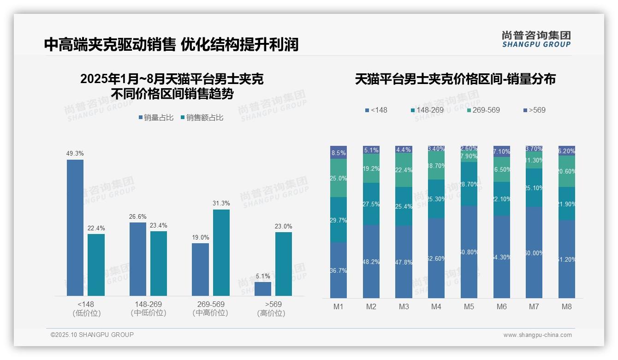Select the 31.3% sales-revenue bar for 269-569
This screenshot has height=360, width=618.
(x=221, y=252)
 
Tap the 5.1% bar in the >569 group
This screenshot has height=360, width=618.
(x=263, y=288)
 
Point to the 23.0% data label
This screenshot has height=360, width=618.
(x=283, y=226)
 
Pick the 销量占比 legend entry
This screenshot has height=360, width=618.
(x=156, y=118)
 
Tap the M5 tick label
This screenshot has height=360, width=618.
(x=469, y=306)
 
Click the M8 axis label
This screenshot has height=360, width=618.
(x=567, y=306)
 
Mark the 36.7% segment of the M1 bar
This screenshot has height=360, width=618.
(x=339, y=270)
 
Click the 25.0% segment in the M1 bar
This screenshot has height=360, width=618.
(x=339, y=178)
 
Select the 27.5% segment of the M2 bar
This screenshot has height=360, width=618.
(x=371, y=204)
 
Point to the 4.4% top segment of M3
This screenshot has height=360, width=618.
(x=404, y=150)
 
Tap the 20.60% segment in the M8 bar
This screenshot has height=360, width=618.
(x=567, y=171)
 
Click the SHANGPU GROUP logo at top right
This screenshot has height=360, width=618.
(x=536, y=39)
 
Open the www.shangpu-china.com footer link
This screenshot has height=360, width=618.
(x=537, y=335)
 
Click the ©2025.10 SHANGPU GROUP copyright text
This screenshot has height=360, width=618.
(x=92, y=335)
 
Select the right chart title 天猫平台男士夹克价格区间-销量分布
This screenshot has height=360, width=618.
(x=455, y=79)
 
